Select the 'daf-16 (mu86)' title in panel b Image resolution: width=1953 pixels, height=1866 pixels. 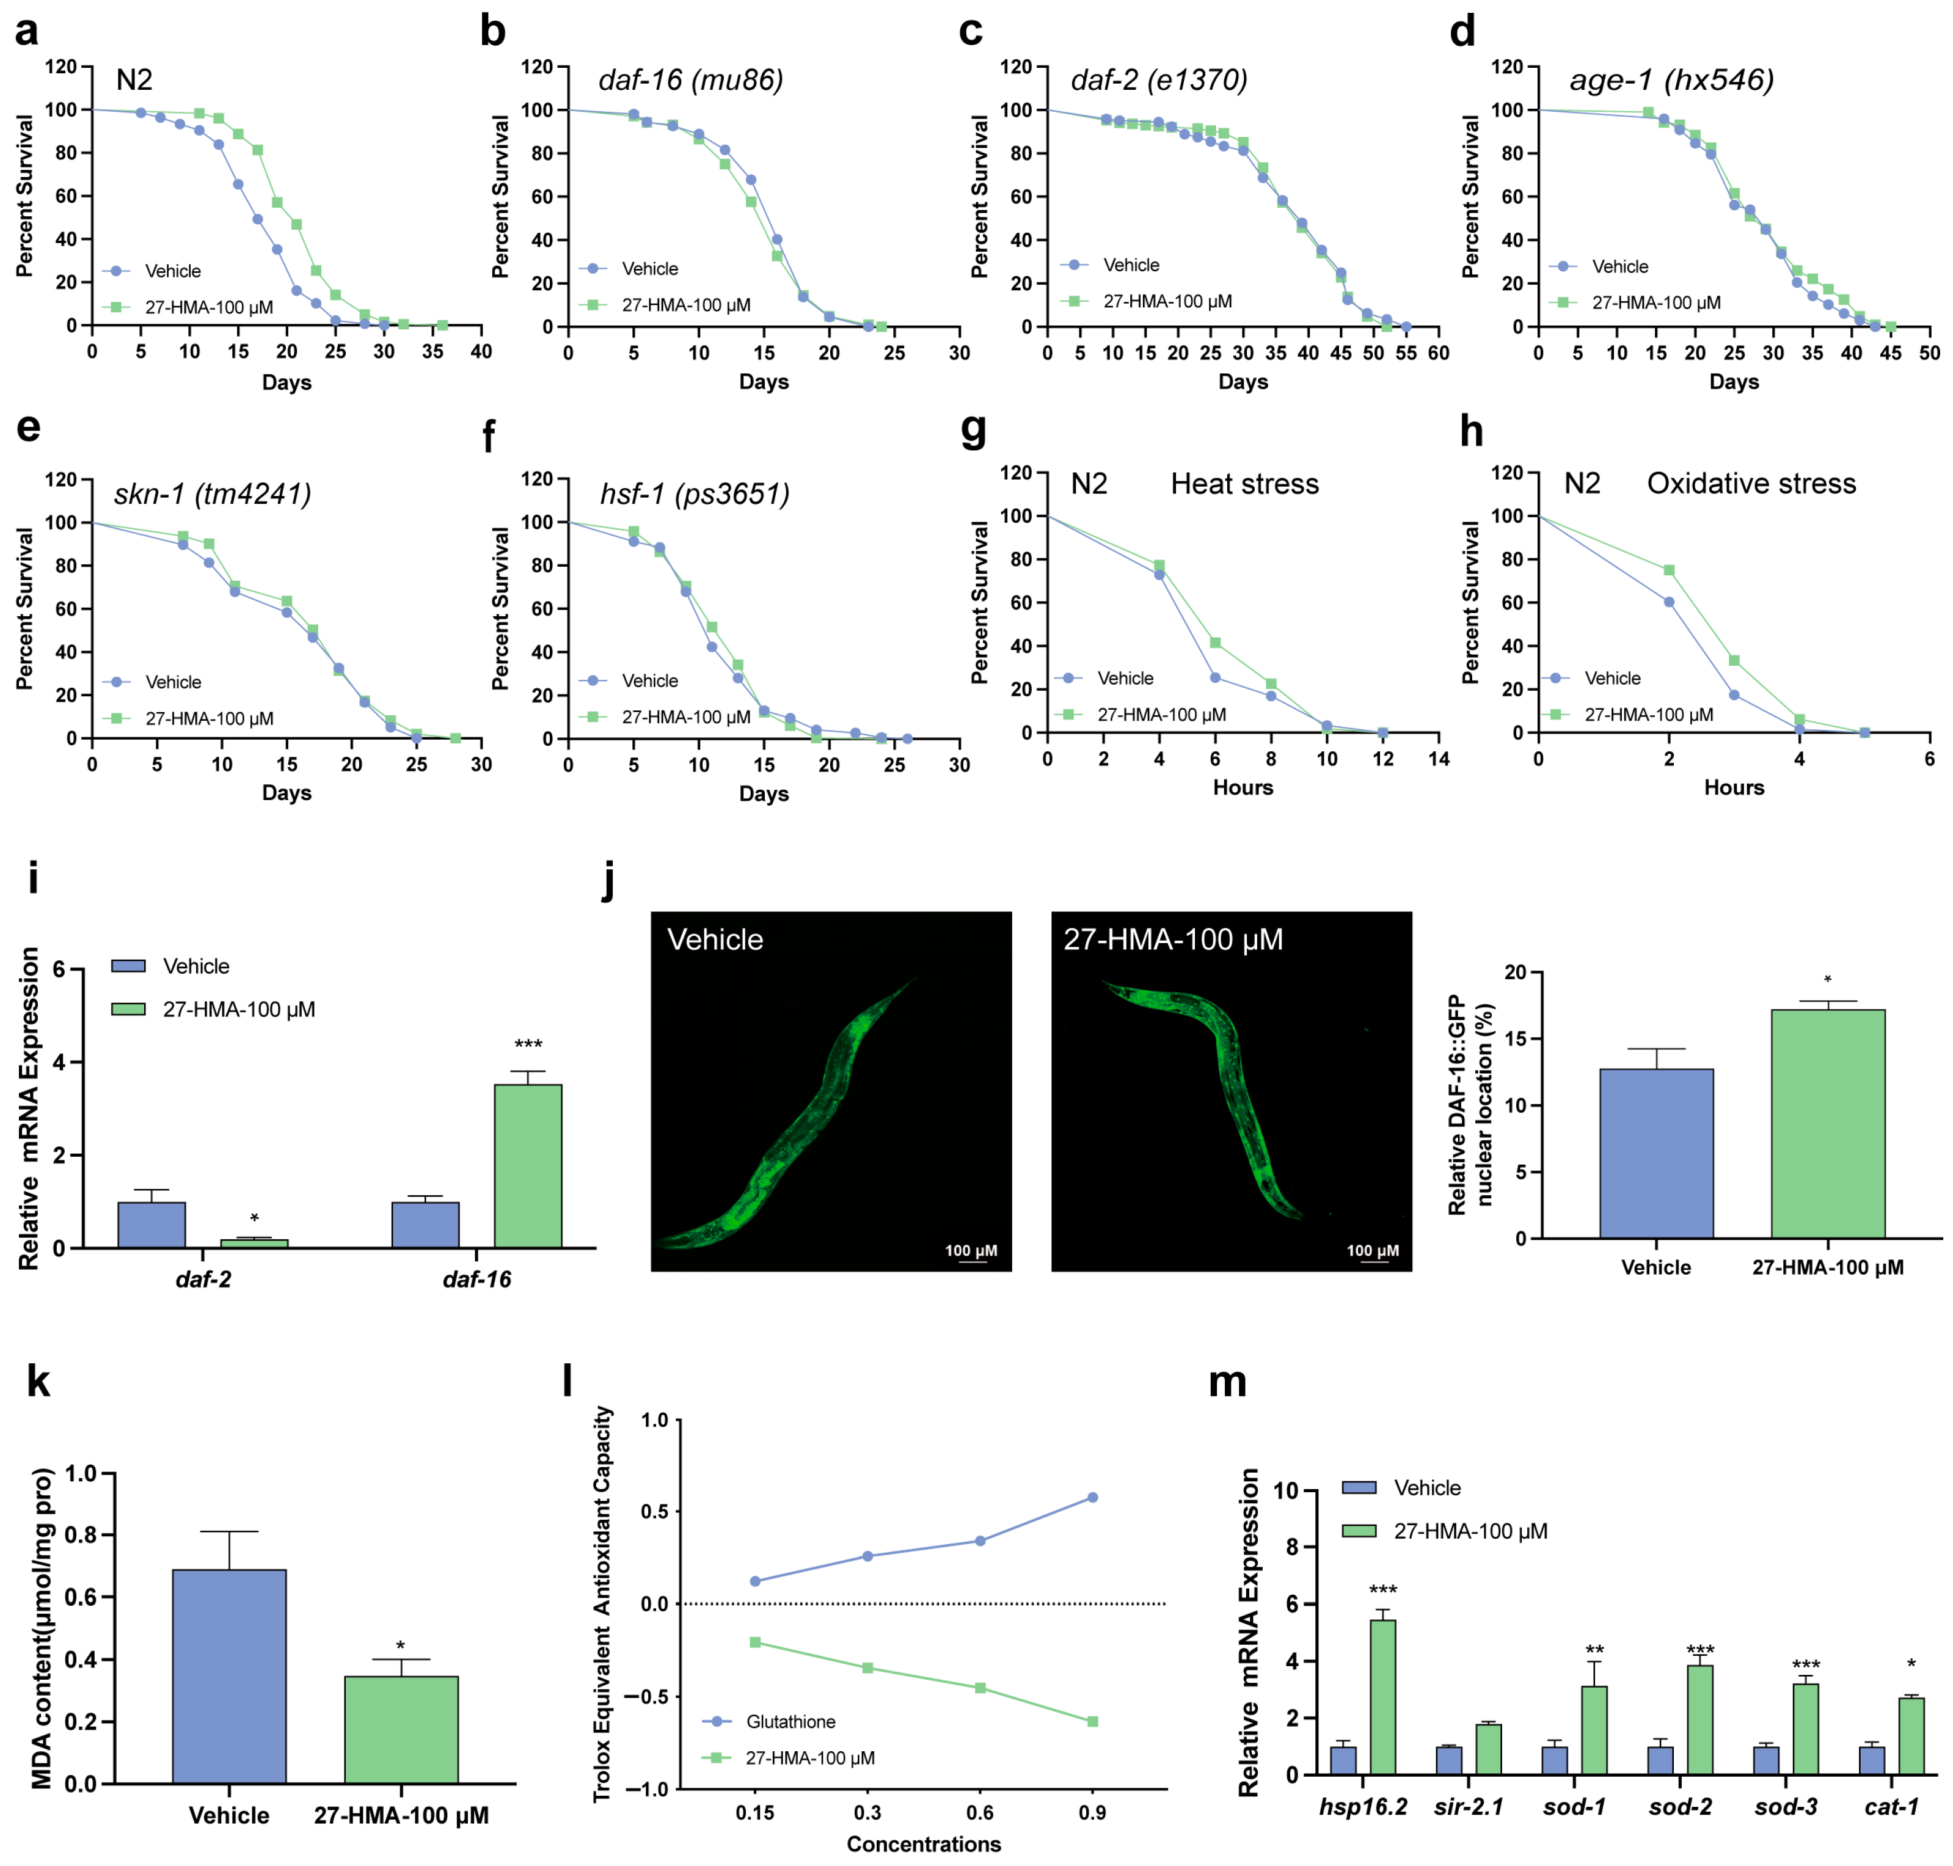click(x=690, y=79)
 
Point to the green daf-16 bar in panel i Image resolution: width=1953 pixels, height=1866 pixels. click(x=527, y=1166)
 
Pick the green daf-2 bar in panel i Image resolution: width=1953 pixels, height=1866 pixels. click(x=254, y=1244)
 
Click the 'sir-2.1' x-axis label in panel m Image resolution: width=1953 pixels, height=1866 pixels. click(x=1469, y=1806)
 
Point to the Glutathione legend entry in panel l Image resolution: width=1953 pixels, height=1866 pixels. click(x=790, y=1722)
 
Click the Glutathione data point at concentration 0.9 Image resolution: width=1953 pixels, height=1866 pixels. click(x=1092, y=1497)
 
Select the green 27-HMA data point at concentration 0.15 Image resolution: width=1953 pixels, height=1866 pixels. click(x=755, y=1642)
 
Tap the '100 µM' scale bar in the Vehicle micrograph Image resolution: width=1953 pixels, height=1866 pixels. click(x=971, y=1252)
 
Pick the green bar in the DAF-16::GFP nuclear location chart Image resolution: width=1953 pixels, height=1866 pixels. click(x=1828, y=1123)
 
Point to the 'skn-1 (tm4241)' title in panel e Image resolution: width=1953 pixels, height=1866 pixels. click(x=212, y=494)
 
